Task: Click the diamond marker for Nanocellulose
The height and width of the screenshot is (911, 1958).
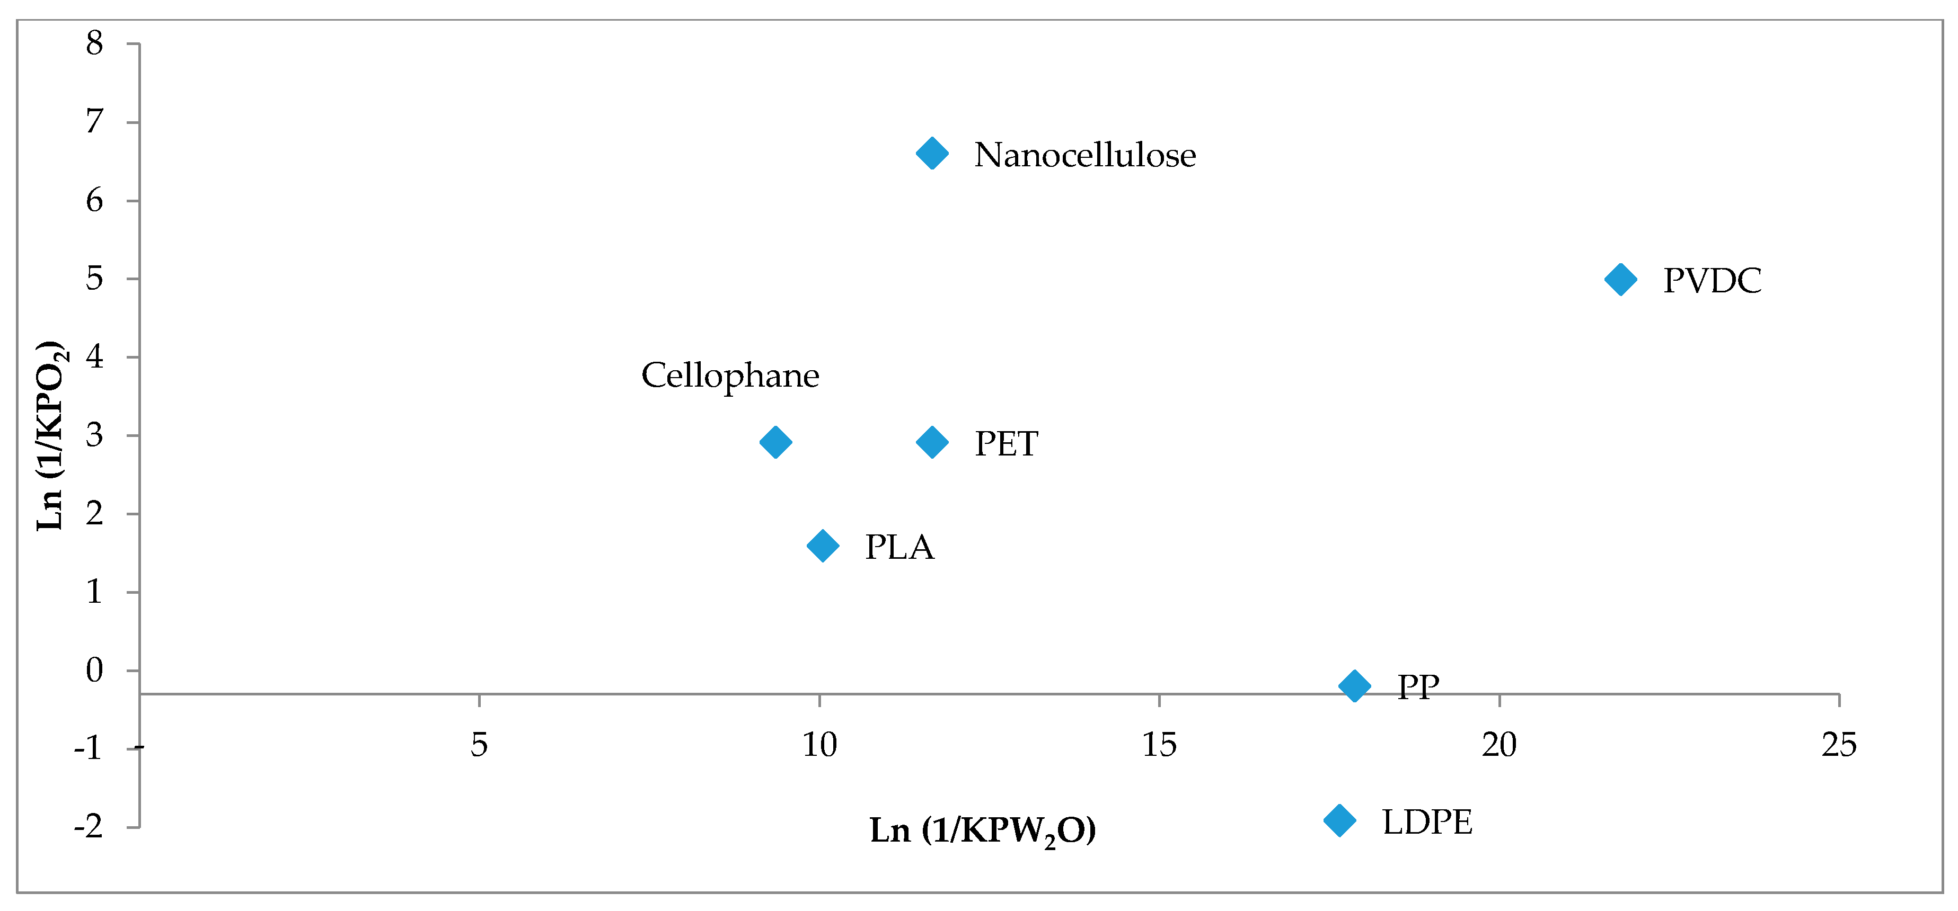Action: (932, 154)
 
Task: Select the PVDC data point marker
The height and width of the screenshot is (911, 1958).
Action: (1620, 280)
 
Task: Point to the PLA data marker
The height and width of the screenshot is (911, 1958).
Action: (823, 546)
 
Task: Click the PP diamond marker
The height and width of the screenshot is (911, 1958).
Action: (1354, 686)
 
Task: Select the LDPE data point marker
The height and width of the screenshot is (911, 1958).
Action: (1339, 820)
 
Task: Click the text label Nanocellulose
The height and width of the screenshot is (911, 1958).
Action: (1084, 156)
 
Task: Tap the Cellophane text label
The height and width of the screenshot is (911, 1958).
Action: (730, 376)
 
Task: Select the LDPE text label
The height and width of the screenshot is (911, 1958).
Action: (1427, 822)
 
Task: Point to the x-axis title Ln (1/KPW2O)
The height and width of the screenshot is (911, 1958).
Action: (983, 830)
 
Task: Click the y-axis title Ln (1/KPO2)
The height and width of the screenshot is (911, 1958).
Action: (51, 435)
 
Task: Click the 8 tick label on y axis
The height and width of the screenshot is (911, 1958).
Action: (94, 44)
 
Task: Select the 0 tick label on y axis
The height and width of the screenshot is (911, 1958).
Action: (94, 670)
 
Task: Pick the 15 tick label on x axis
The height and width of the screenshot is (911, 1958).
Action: (1159, 745)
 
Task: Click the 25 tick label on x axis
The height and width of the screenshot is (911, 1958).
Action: (1839, 745)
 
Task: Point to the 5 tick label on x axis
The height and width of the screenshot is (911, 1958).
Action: (479, 745)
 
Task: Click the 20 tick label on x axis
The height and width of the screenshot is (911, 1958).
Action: (1499, 745)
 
